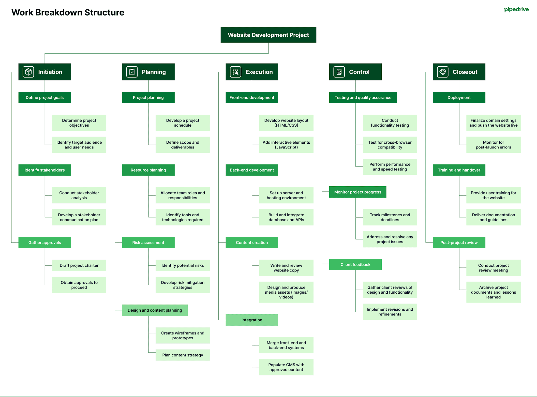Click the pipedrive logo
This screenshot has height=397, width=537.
tap(516, 10)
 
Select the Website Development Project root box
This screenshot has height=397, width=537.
tap(268, 35)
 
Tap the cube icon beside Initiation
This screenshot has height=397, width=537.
tap(28, 72)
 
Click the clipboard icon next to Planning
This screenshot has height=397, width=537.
tap(132, 72)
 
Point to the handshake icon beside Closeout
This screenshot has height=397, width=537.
tap(442, 72)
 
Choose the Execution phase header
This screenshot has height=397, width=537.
tap(252, 72)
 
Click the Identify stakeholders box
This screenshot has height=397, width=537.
tap(45, 170)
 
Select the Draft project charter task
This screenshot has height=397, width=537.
tap(79, 265)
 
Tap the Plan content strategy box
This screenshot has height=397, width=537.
tap(182, 355)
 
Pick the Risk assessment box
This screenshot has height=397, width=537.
tap(148, 242)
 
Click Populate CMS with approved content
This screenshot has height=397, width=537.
tap(286, 367)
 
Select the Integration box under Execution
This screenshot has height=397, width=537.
tap(252, 320)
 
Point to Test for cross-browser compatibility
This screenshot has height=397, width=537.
tap(390, 145)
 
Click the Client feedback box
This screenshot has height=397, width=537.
tap(355, 264)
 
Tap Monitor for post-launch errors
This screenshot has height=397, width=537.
tap(493, 145)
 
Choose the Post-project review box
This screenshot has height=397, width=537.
tap(459, 242)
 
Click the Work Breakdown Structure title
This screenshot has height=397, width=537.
tap(68, 12)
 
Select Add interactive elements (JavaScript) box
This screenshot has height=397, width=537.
tap(286, 145)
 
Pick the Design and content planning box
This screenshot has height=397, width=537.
tap(155, 310)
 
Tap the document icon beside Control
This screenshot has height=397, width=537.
tap(339, 72)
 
